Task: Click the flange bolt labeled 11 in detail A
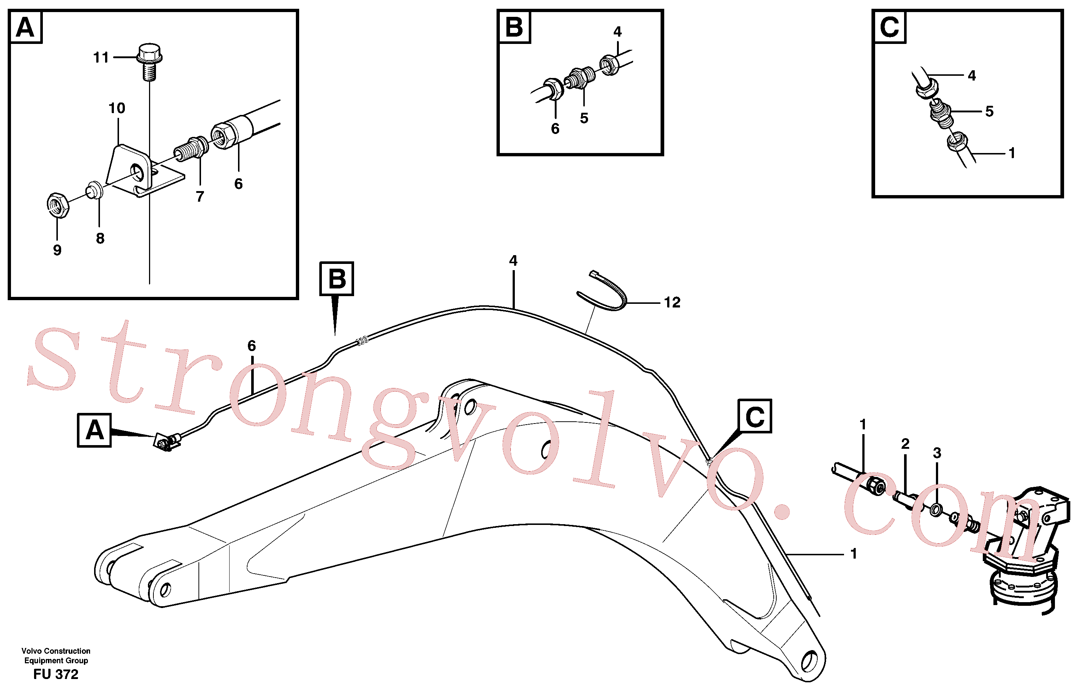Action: [149, 61]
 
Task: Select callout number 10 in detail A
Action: [116, 108]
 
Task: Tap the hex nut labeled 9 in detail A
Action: [57, 205]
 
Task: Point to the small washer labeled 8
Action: [94, 190]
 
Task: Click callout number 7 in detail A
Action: [200, 196]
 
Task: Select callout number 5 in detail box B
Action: [584, 118]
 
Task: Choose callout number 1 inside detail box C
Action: [1012, 153]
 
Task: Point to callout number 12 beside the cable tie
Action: [672, 302]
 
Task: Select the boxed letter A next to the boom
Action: [94, 430]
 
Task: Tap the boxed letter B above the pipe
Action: [337, 279]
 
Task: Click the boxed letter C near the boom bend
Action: [755, 416]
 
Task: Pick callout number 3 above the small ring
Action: [937, 453]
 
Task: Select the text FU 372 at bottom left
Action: [56, 674]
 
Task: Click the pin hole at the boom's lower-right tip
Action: [808, 662]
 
